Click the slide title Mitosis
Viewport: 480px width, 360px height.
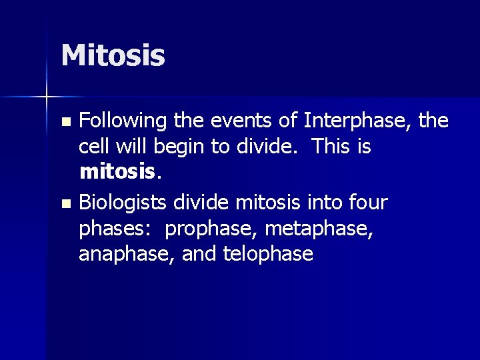[113, 55]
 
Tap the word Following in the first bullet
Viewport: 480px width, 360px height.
[123, 121]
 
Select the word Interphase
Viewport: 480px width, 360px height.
[358, 121]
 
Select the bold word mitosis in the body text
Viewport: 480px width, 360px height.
[117, 173]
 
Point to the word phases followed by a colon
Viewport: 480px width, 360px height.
[118, 228]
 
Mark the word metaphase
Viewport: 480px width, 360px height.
[318, 228]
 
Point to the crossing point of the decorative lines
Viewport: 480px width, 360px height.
[46, 97]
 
